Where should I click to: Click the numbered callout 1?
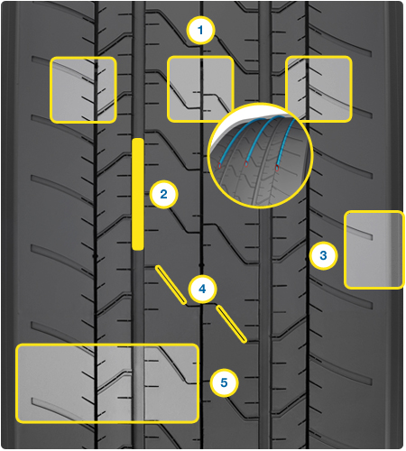click(x=200, y=31)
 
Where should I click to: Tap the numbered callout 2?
click(x=163, y=194)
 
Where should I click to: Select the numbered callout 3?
click(x=323, y=255)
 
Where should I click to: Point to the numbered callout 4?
click(x=202, y=289)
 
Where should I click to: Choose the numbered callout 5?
click(x=224, y=382)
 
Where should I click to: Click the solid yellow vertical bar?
click(x=138, y=194)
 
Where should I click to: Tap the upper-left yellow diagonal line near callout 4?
click(x=171, y=285)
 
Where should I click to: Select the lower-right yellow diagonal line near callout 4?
click(x=232, y=324)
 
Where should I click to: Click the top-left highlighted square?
click(x=83, y=90)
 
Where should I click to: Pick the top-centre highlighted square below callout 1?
click(x=200, y=89)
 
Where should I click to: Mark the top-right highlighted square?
click(x=318, y=89)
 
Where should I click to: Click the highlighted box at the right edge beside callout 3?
click(x=374, y=250)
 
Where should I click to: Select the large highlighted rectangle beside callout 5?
click(x=107, y=383)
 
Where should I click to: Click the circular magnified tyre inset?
click(x=261, y=155)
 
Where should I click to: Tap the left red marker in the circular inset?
click(x=219, y=165)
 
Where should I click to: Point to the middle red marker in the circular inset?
click(x=246, y=164)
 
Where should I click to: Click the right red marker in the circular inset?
click(x=277, y=168)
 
